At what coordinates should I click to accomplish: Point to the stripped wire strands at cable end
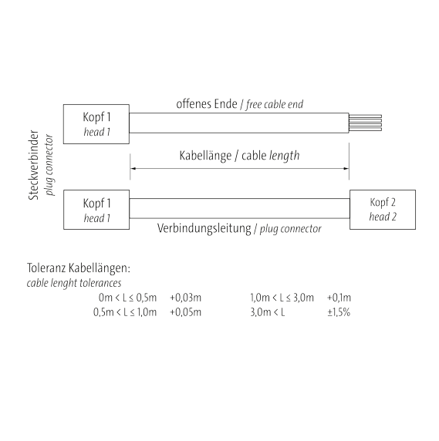[365, 123]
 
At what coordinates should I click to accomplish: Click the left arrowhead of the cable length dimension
[133, 169]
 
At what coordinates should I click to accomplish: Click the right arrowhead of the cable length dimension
[346, 169]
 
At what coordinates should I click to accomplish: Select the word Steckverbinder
[33, 165]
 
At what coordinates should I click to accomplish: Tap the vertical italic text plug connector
[49, 165]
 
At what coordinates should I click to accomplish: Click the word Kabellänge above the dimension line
[205, 156]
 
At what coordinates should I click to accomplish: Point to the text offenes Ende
[207, 104]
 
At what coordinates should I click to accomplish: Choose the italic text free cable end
[275, 104]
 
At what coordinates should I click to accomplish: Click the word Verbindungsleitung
[204, 228]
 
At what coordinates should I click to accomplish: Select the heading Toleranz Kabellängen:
[79, 268]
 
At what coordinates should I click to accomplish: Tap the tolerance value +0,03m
[185, 298]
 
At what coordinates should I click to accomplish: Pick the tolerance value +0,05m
[185, 312]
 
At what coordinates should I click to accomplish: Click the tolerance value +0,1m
[339, 298]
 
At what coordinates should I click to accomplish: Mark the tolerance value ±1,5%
[339, 312]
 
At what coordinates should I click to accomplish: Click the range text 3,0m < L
[268, 312]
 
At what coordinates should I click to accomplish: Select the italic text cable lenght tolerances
[74, 283]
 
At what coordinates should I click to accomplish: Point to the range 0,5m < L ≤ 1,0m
[125, 312]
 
